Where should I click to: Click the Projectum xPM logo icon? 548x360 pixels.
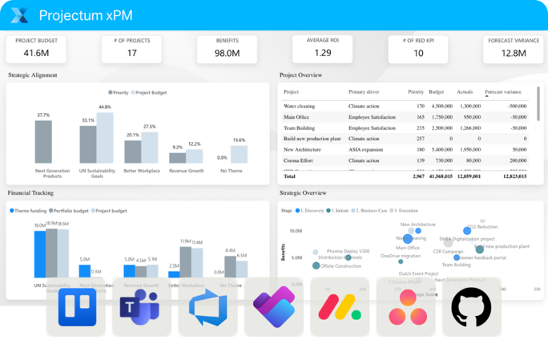tap(21, 14)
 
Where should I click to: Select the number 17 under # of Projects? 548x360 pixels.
tap(131, 53)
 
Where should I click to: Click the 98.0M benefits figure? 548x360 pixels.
tap(228, 53)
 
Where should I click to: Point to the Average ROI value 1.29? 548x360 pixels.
tap(322, 53)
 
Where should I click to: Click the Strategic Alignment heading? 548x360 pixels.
tap(32, 75)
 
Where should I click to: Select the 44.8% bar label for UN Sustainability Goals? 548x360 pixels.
tap(104, 107)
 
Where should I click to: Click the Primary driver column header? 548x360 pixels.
tap(365, 92)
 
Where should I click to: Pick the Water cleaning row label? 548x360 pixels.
tap(300, 106)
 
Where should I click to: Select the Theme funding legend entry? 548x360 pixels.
tap(30, 210)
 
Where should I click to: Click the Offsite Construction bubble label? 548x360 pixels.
tap(340, 265)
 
